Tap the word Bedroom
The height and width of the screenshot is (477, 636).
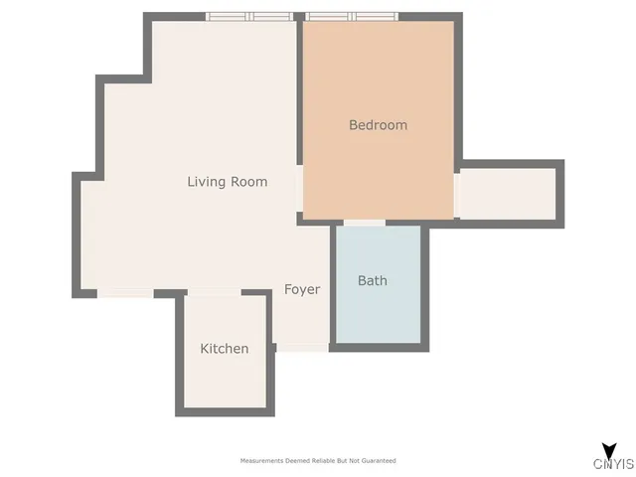(378, 125)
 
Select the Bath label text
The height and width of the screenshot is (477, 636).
(373, 280)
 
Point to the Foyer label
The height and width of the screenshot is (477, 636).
(302, 289)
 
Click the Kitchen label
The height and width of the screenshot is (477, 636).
(225, 349)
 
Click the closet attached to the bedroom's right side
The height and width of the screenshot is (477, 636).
(507, 192)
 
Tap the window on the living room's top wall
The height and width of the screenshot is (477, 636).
(250, 16)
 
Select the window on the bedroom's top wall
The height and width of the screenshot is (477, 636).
(352, 16)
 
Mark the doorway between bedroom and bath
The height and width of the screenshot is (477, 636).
(365, 223)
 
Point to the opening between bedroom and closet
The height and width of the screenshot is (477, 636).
(456, 194)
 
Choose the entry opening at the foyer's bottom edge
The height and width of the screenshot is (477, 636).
(302, 347)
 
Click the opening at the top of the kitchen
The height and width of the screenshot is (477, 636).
(214, 293)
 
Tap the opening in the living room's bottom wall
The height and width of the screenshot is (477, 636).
(125, 294)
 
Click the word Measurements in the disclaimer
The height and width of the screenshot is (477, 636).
(261, 461)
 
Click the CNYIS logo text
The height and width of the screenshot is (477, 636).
(613, 464)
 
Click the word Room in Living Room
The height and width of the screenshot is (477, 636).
(249, 182)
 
